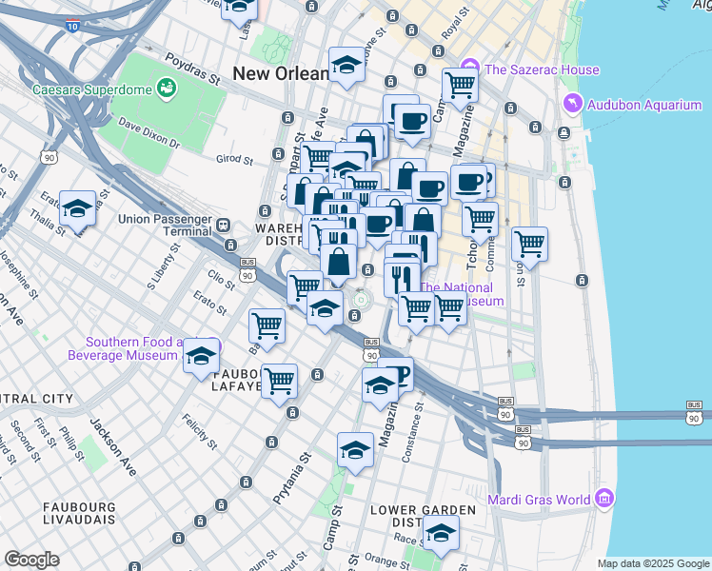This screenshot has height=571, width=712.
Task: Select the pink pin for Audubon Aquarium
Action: (x=572, y=103)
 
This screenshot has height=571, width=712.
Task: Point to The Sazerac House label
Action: (x=542, y=69)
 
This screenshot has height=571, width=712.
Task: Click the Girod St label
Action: (x=233, y=158)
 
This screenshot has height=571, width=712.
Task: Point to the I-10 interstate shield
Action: (x=73, y=28)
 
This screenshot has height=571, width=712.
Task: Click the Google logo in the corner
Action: (x=31, y=560)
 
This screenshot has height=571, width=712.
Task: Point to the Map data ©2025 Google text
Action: (x=652, y=563)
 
